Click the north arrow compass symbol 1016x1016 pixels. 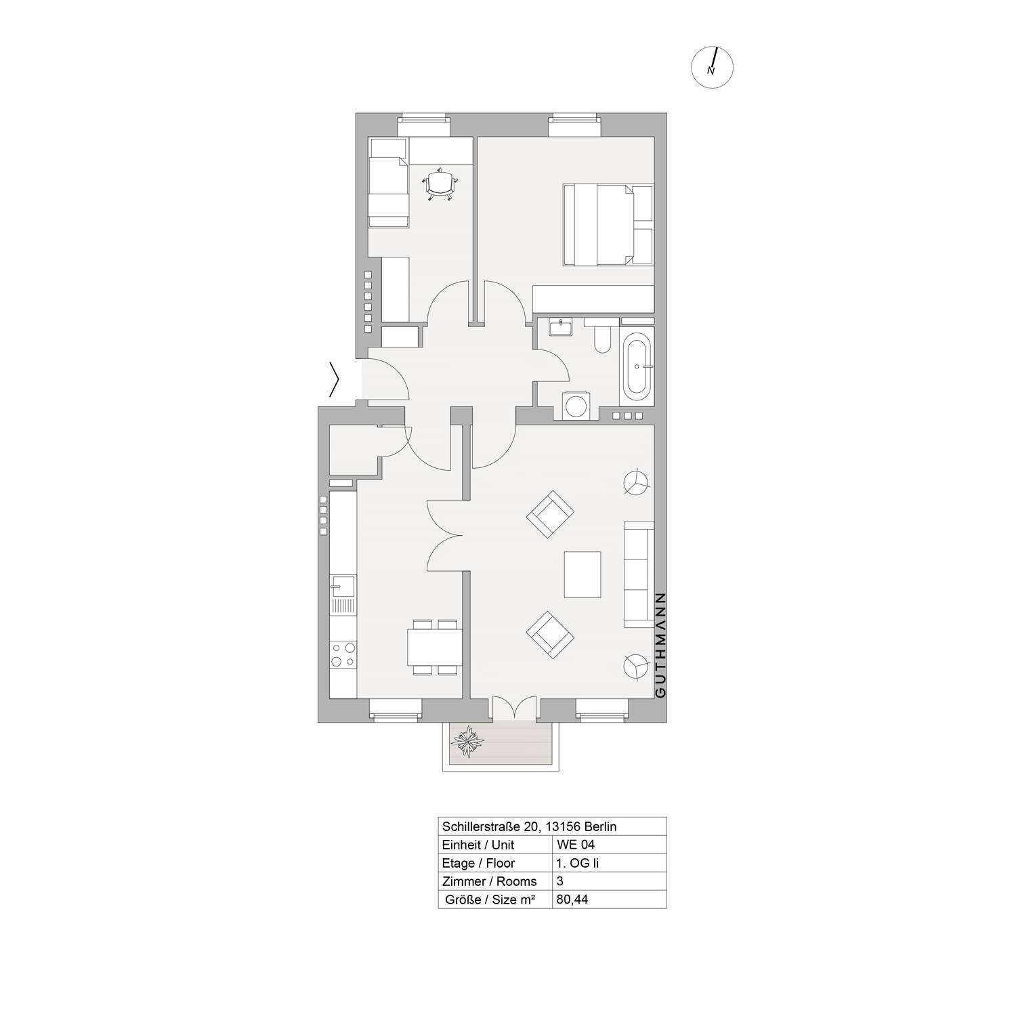(x=712, y=68)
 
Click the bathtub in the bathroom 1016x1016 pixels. (x=637, y=366)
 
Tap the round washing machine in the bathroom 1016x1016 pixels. (x=576, y=406)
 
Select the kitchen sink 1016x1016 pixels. (x=342, y=586)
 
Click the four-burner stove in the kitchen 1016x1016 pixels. (x=342, y=654)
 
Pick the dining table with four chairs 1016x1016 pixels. (x=433, y=648)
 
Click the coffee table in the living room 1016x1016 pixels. (x=583, y=574)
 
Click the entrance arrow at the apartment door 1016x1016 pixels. (x=333, y=380)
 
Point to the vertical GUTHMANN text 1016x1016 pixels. (x=661, y=645)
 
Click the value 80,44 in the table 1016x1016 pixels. (x=572, y=899)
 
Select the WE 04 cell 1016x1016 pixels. (x=575, y=845)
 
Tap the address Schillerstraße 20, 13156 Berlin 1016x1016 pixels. (x=529, y=826)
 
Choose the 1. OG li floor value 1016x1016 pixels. (x=578, y=863)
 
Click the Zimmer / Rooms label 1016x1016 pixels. (x=489, y=881)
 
